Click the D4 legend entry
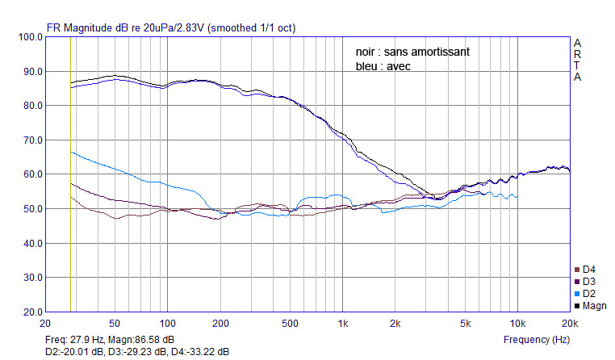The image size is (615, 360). point(585,270)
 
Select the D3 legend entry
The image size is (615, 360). point(585,282)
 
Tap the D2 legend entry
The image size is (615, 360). point(585,294)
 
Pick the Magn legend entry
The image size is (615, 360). point(590,306)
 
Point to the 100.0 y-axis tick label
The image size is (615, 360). point(30,37)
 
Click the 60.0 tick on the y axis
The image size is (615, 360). point(33,174)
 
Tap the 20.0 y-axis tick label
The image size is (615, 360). point(33,312)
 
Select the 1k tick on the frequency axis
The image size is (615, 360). point(343,324)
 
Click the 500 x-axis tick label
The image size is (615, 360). point(290,324)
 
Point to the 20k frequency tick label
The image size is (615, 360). point(570,324)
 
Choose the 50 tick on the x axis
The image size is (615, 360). point(115,324)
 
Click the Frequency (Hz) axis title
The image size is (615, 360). point(537,340)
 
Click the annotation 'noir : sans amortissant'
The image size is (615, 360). point(412,52)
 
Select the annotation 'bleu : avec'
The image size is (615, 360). point(383,66)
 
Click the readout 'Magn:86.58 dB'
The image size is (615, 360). point(141,340)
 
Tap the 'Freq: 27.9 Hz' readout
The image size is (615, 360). point(74,340)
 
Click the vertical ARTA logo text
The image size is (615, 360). point(577,60)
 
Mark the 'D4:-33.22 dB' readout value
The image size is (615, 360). point(199,352)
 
